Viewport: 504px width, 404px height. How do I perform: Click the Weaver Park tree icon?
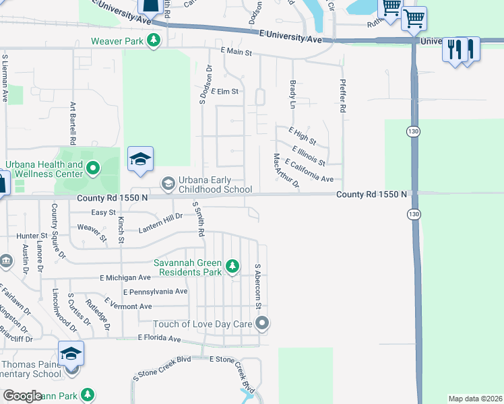pyautogui.click(x=154, y=40)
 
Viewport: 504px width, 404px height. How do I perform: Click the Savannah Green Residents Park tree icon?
pyautogui.click(x=232, y=267)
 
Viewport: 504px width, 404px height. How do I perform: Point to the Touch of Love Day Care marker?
pyautogui.click(x=262, y=324)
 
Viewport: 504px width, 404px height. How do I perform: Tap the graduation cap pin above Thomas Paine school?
pyautogui.click(x=71, y=353)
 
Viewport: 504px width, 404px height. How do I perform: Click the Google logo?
pyautogui.click(x=22, y=396)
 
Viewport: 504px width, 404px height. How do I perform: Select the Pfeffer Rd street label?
pyautogui.click(x=342, y=94)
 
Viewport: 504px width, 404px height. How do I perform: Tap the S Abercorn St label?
pyautogui.click(x=257, y=286)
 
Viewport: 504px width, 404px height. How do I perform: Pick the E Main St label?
pyautogui.click(x=236, y=53)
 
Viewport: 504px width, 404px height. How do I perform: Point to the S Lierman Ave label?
pyautogui.click(x=5, y=78)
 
